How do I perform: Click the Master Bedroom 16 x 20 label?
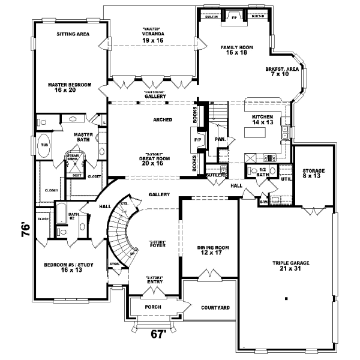click(x=70, y=88)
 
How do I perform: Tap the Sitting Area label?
click(x=73, y=34)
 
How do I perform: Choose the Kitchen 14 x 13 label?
click(x=263, y=119)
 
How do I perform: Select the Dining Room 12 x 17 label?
click(x=210, y=250)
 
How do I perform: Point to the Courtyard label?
click(x=215, y=308)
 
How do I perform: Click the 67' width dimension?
click(x=157, y=335)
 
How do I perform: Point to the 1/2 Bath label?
click(x=263, y=171)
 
